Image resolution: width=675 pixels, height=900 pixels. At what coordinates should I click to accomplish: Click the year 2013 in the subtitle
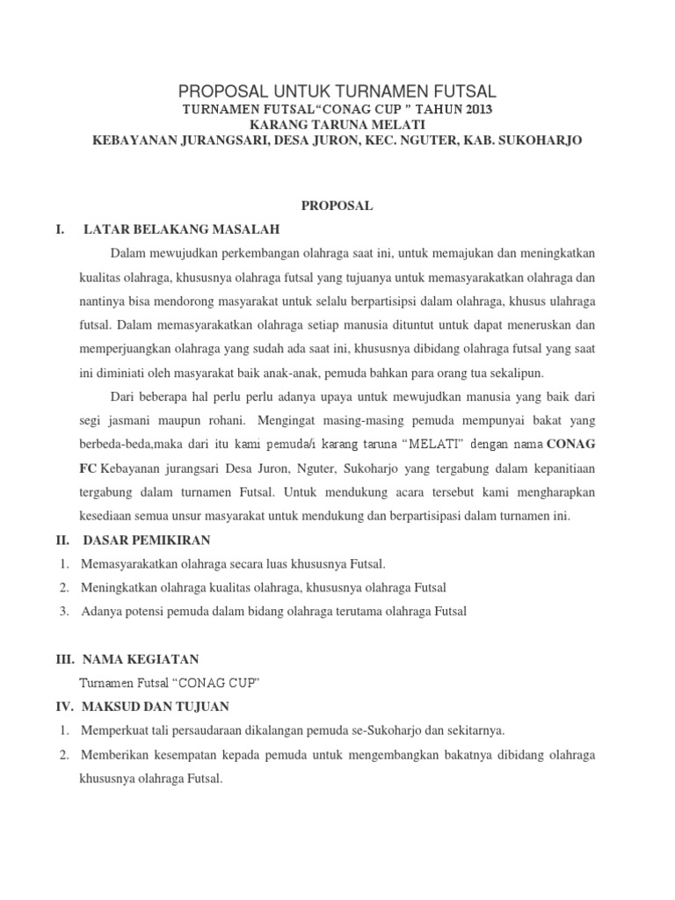coord(475,109)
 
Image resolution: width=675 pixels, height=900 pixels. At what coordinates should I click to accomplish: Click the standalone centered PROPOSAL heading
coord(337,206)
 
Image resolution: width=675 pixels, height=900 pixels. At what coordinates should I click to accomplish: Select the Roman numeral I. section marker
coord(60,229)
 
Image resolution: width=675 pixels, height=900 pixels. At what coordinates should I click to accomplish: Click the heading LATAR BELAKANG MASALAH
coord(180,229)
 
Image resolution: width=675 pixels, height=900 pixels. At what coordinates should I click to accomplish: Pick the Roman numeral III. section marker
coord(64,659)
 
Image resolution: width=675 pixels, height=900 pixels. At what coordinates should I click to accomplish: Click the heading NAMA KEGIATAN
coord(141,659)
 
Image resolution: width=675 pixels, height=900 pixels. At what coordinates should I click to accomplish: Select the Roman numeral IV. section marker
coord(64,707)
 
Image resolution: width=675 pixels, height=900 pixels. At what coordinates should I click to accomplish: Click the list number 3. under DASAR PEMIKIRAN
coord(65,611)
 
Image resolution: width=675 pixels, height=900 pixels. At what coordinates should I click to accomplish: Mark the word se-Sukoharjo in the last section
coord(414,730)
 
